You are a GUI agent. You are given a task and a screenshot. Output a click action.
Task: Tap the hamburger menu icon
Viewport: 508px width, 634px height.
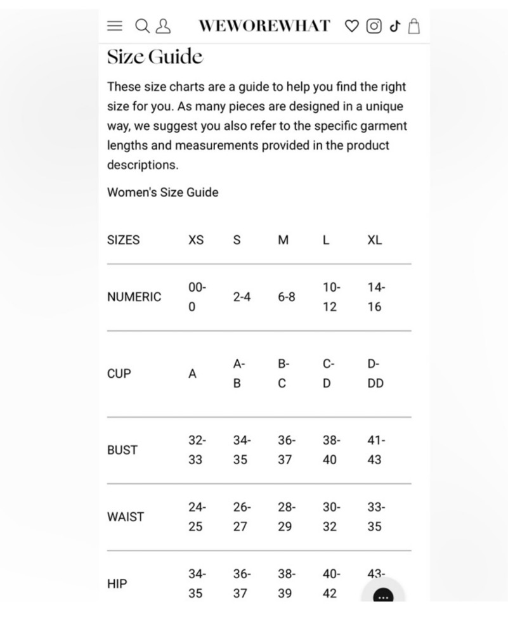[x=114, y=26]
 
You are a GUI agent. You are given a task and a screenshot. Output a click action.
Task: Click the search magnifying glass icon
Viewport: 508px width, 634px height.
[x=143, y=26]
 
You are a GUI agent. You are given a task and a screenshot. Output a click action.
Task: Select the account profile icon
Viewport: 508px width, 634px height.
[x=163, y=26]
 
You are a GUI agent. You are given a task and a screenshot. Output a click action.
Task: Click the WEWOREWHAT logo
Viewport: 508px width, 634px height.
[x=264, y=26]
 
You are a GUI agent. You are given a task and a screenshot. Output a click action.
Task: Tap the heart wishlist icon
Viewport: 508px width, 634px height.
[x=351, y=26]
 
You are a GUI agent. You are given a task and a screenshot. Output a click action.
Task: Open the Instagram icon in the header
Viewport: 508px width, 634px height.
[x=374, y=26]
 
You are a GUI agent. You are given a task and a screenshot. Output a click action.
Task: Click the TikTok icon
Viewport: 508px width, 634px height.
[x=394, y=26]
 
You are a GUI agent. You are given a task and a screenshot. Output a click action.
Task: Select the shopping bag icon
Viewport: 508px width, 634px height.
[x=414, y=26]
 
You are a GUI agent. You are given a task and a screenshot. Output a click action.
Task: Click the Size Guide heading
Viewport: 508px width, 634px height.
[x=155, y=57]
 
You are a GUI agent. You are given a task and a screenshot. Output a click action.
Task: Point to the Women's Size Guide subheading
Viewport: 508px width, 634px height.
[x=162, y=192]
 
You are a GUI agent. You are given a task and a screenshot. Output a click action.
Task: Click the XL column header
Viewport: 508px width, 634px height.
[x=375, y=240]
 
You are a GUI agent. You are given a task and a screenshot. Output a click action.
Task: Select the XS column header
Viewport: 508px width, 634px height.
[x=196, y=240]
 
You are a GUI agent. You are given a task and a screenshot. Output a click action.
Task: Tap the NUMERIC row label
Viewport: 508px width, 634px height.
[x=134, y=297]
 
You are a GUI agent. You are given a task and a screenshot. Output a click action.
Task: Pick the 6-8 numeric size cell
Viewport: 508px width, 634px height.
[x=286, y=297]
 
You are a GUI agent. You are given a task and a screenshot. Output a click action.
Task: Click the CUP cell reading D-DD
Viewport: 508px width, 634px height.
[x=375, y=373]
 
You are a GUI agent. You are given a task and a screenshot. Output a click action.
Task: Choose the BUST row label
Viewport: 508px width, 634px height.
[x=122, y=450]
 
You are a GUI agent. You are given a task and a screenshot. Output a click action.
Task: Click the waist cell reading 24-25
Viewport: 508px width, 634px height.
[x=197, y=517]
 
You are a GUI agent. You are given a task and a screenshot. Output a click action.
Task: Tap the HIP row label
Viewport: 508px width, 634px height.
[x=117, y=584]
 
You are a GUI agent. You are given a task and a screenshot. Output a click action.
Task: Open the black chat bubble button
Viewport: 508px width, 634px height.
[x=383, y=597]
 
